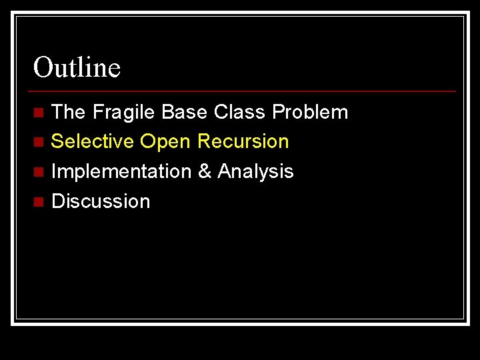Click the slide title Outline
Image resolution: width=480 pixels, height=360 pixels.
click(x=77, y=67)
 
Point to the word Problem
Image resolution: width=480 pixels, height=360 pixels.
click(x=310, y=112)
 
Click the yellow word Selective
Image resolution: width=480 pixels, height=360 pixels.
click(x=93, y=141)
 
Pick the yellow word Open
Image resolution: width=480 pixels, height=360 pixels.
click(x=165, y=142)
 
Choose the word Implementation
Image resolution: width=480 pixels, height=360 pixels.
click(x=121, y=172)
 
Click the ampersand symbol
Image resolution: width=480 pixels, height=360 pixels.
click(x=205, y=171)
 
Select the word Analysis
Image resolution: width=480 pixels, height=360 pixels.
click(x=255, y=172)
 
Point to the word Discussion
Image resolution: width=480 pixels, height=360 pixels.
click(x=101, y=201)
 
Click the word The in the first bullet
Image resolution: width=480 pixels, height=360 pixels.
click(x=69, y=112)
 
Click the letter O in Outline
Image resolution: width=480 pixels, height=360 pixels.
click(x=43, y=67)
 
